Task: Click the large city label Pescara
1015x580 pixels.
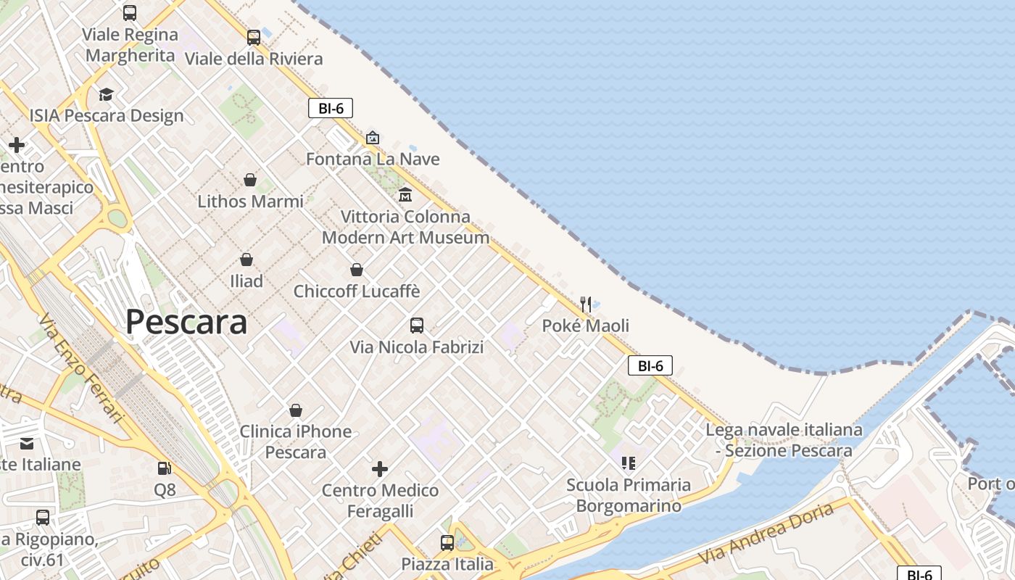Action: tap(186, 322)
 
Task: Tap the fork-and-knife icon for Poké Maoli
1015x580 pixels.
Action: tap(586, 304)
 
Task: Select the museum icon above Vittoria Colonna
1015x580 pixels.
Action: tap(405, 195)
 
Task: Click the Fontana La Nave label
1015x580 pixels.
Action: tap(373, 159)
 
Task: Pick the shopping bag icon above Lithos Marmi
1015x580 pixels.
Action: tap(250, 180)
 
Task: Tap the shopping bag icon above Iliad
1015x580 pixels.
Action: tap(246, 260)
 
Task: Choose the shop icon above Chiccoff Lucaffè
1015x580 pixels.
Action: tap(357, 270)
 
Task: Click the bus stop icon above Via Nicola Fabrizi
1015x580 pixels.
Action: tap(417, 326)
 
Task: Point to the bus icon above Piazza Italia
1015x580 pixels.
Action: tap(447, 542)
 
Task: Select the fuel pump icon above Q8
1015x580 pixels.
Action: tap(165, 469)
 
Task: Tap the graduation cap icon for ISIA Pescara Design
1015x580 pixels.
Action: tap(107, 94)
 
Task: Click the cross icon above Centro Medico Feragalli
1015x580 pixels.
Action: tap(380, 469)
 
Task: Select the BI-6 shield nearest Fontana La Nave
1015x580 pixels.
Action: tap(331, 109)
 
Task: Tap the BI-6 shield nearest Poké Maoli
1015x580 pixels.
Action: tap(650, 366)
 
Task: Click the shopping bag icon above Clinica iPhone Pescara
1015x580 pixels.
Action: tap(296, 410)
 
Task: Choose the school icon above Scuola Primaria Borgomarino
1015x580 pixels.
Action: tap(629, 463)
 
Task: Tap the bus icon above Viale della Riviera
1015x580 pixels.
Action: tap(254, 37)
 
